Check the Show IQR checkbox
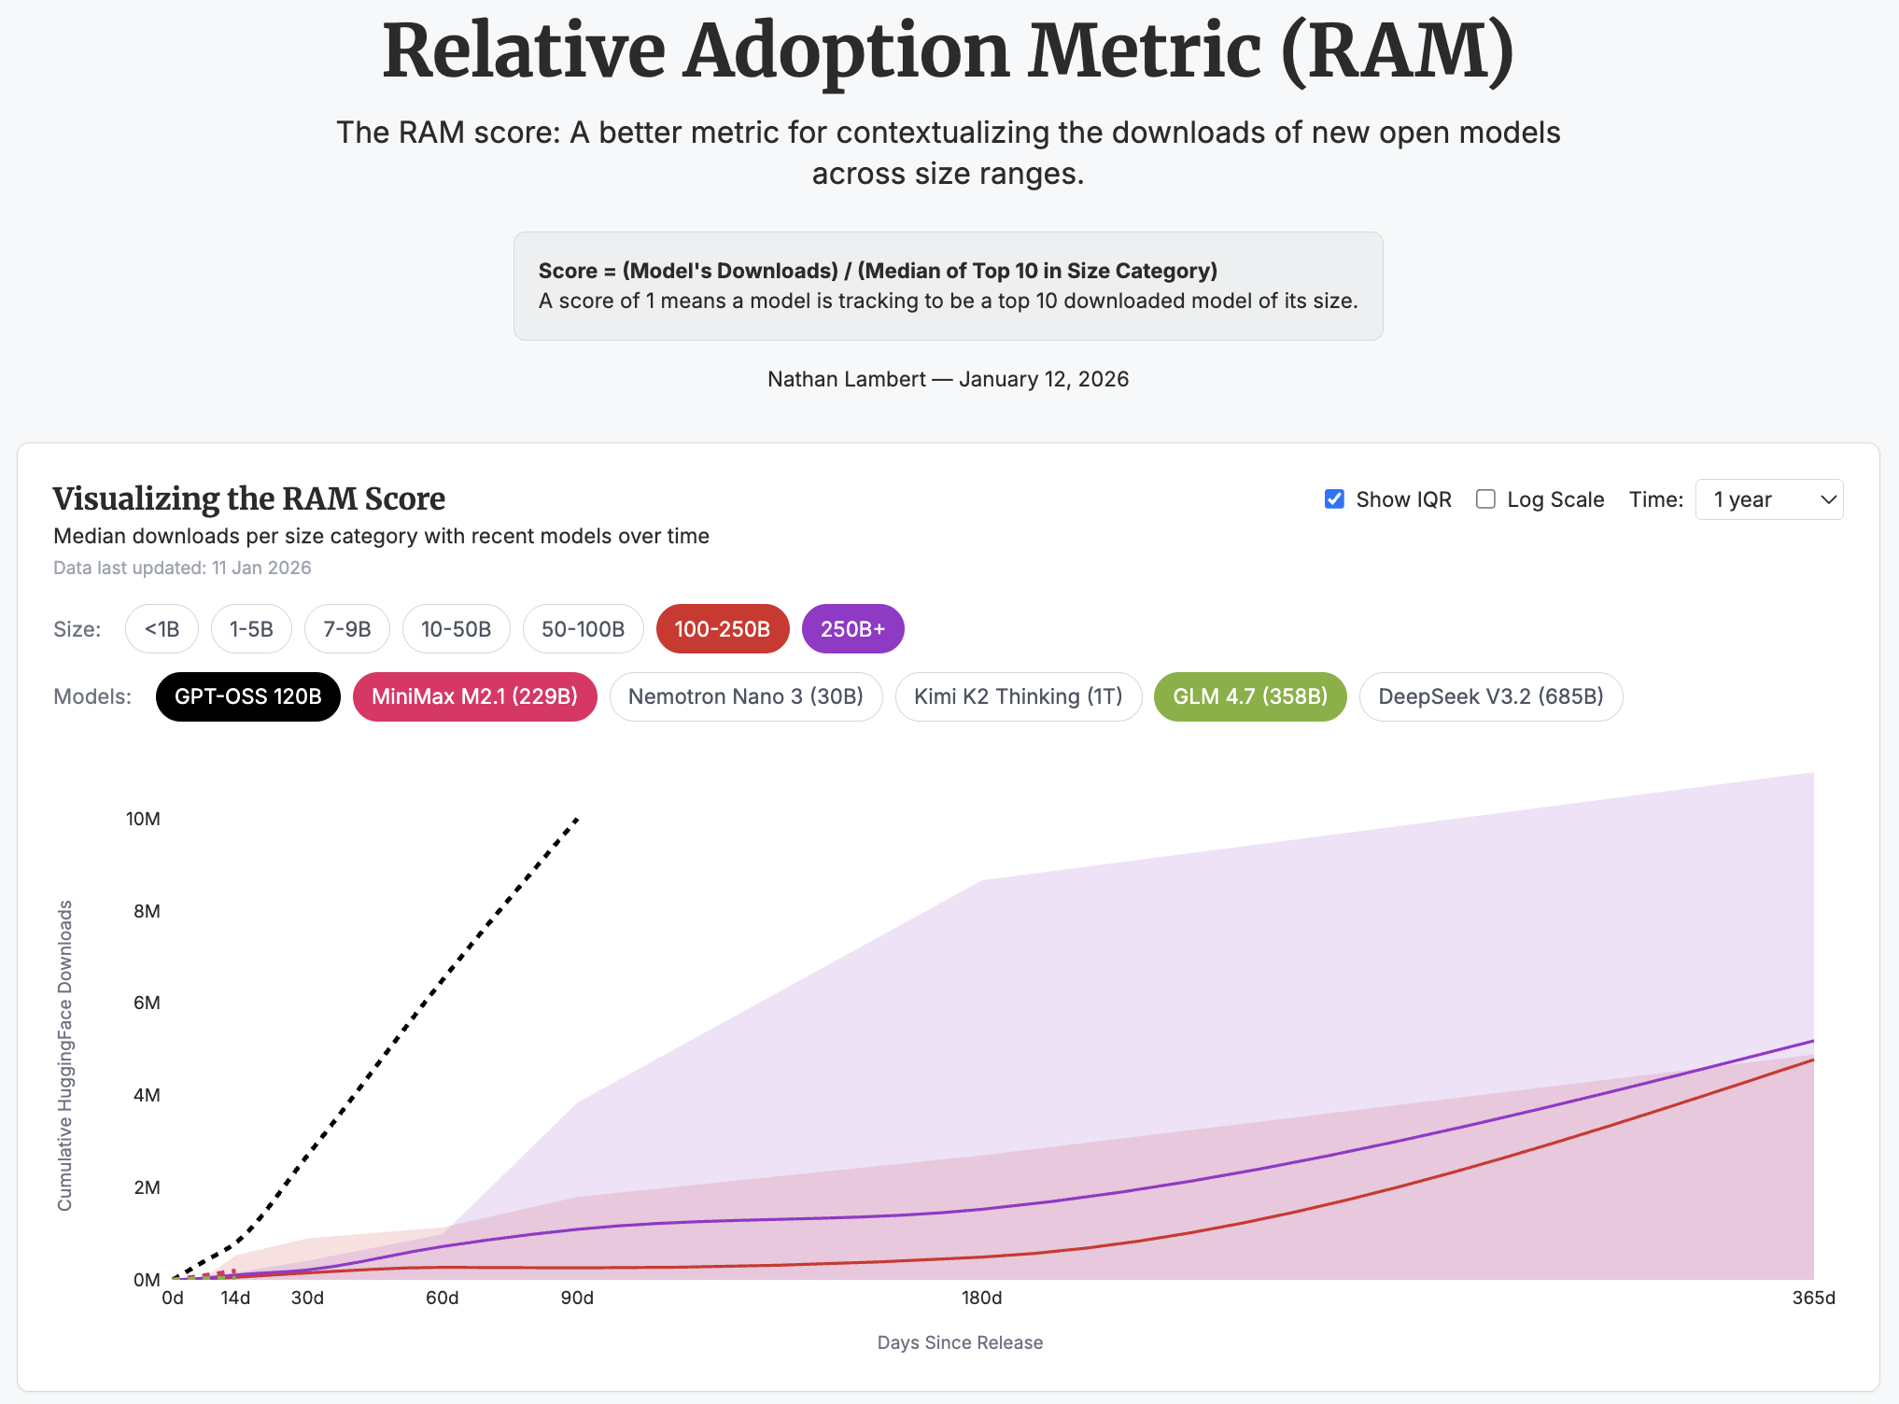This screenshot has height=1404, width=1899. click(1335, 499)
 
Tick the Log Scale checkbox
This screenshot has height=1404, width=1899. click(1485, 499)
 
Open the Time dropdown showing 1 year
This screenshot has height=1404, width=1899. click(1768, 499)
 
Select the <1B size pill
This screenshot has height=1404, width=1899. click(162, 629)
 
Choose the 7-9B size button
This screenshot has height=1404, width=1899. click(346, 629)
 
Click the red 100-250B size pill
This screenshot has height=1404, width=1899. click(722, 629)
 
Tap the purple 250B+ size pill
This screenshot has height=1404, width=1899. click(852, 629)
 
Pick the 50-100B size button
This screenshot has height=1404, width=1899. click(583, 629)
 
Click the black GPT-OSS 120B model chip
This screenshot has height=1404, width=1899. click(247, 696)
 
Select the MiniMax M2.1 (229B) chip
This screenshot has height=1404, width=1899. click(474, 696)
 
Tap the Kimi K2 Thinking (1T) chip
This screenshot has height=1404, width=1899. click(1018, 696)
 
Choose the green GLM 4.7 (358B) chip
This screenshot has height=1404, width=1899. click(1249, 696)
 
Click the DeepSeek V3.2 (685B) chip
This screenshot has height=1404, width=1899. click(1490, 696)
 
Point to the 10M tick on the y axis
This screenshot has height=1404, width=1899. click(143, 819)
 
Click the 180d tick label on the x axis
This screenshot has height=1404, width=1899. click(981, 1298)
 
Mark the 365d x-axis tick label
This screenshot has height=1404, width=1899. click(1813, 1298)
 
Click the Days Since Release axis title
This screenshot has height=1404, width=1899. click(960, 1342)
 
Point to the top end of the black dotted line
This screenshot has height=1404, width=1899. click(577, 819)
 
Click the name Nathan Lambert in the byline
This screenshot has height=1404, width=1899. click(846, 379)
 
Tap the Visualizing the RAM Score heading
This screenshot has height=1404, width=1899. click(248, 498)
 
